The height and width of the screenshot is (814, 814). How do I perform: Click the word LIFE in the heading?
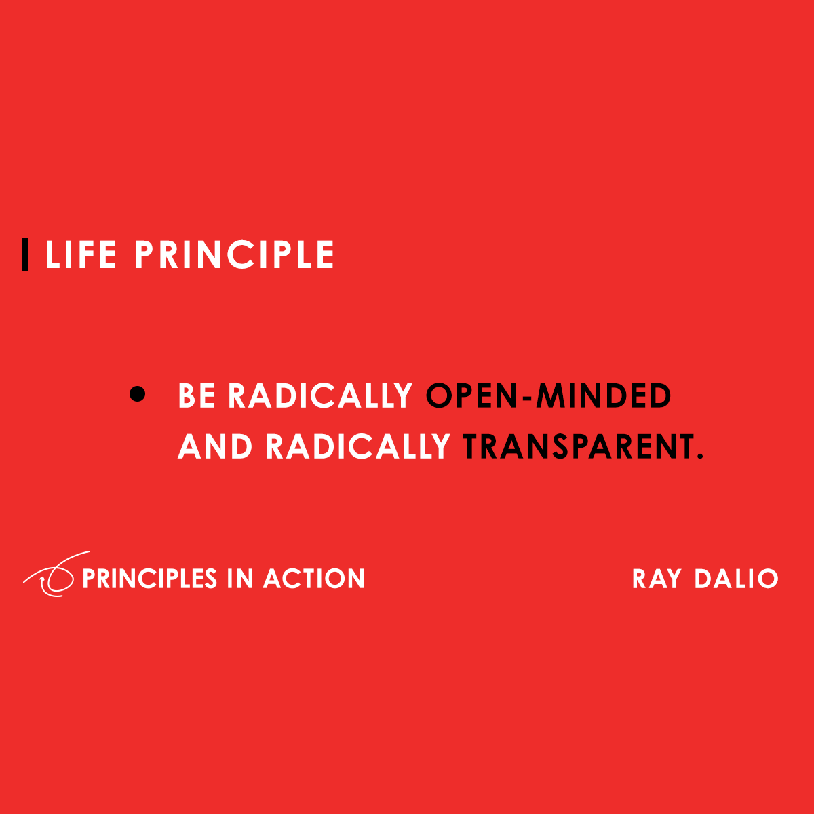(81, 255)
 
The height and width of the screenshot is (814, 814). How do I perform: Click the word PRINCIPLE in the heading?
(234, 255)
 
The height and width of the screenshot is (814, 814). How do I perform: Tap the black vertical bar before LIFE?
(25, 255)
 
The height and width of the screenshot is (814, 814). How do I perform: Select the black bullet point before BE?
(138, 394)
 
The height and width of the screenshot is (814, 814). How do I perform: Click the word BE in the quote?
(197, 396)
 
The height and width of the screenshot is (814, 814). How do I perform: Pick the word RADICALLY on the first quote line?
(320, 396)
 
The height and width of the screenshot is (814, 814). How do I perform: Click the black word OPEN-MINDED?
(549, 396)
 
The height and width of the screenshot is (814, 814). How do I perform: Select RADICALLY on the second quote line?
(358, 447)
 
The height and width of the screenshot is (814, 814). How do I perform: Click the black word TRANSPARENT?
(578, 447)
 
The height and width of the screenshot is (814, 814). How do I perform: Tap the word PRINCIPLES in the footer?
(149, 579)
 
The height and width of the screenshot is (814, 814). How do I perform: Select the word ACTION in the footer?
(314, 579)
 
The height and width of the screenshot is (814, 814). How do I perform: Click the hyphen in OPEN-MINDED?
(527, 398)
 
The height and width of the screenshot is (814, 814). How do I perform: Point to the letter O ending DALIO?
(767, 579)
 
